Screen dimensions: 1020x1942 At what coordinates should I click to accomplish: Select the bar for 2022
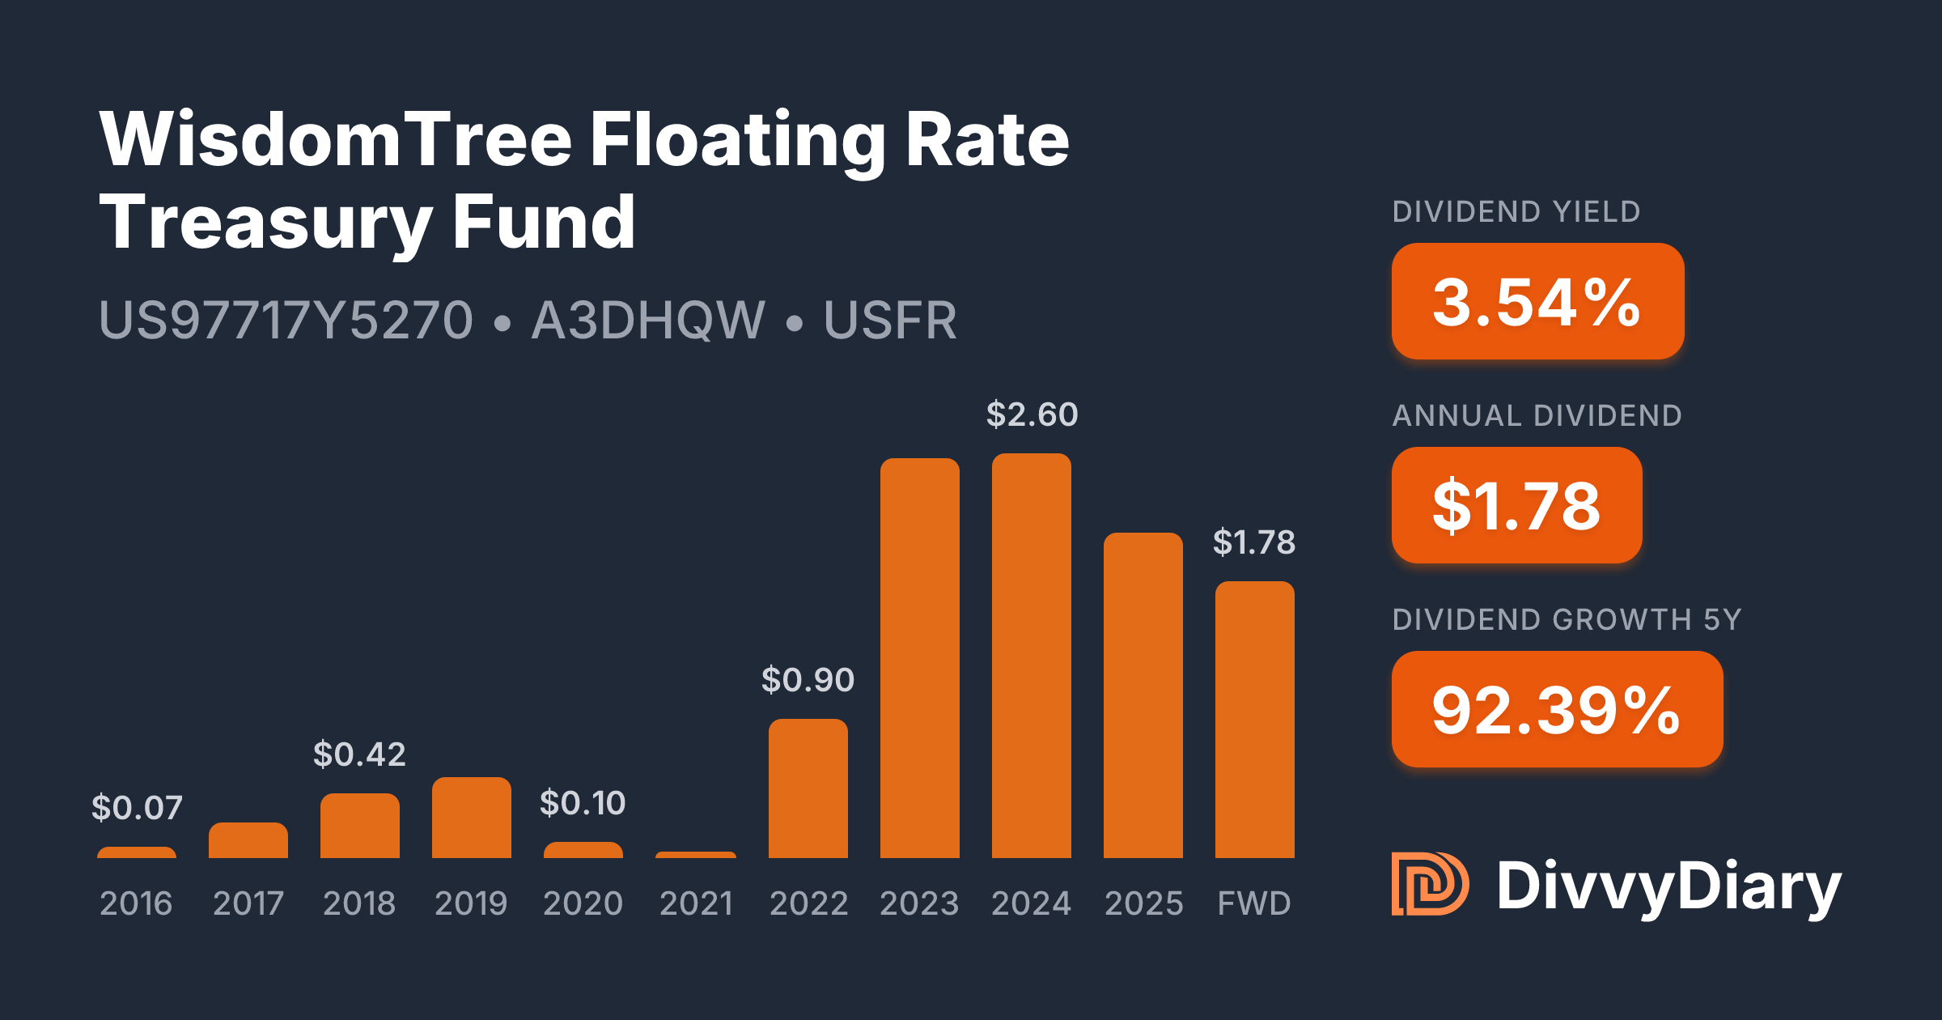pos(808,788)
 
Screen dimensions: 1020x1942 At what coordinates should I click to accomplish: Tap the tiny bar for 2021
pos(696,854)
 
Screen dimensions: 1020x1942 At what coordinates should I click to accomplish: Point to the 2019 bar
pos(471,818)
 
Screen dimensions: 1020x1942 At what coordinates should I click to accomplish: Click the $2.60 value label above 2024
pos(1032,414)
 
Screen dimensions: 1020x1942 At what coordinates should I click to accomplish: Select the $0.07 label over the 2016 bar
pos(137,808)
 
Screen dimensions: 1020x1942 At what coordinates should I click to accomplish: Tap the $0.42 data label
pos(359,754)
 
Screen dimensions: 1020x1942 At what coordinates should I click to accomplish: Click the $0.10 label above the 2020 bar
pos(583,803)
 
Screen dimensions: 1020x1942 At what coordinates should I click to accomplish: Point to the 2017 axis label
pos(248,903)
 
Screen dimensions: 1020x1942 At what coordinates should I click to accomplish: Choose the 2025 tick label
pos(1143,903)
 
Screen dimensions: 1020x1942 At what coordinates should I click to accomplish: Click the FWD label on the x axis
pos(1254,903)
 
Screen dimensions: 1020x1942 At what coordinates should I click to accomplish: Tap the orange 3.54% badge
pos(1537,301)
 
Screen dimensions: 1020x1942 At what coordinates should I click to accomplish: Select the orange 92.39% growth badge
pos(1557,709)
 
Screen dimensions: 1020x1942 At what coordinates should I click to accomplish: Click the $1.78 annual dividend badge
pos(1516,505)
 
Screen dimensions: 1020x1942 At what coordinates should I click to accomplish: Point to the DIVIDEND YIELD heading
pos(1516,212)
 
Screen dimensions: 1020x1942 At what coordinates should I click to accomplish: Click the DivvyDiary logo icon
pos(1429,884)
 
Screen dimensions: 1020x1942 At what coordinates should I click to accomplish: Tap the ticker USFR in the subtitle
pos(890,321)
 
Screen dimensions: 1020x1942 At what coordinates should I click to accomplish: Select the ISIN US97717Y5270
pos(286,321)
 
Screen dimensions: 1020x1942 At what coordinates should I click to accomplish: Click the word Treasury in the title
pos(265,222)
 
